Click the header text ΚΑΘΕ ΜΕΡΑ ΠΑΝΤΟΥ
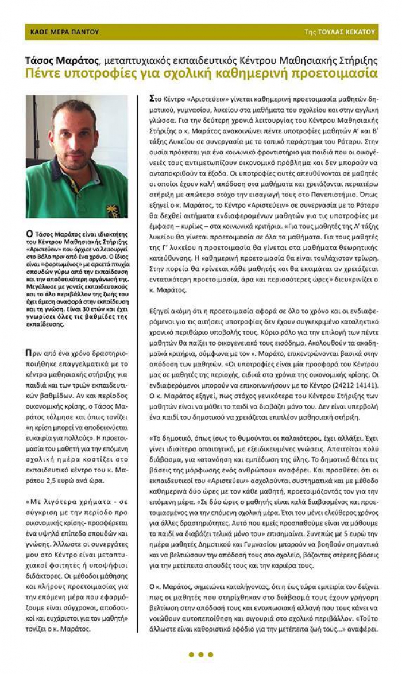point(64,32)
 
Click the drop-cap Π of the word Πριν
point(29,352)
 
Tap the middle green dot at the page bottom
point(201,654)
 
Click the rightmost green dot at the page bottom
point(211,654)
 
